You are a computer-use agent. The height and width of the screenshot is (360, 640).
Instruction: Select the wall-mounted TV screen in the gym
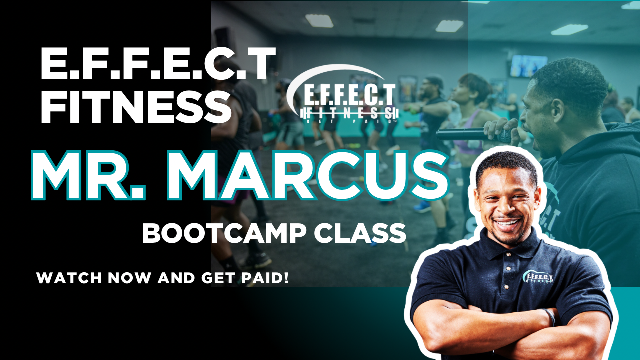528,66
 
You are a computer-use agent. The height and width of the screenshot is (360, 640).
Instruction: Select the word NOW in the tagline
132,278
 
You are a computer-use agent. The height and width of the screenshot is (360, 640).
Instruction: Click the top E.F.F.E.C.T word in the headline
158,63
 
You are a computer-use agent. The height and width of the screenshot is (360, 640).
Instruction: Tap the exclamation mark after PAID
286,277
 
